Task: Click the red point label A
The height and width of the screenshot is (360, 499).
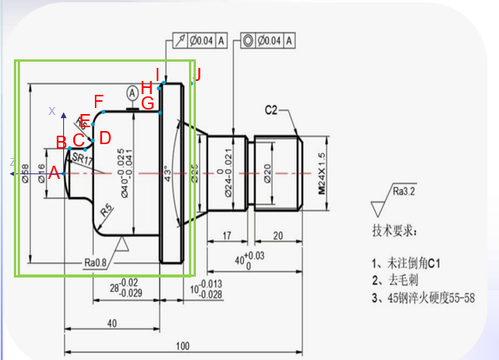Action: click(x=54, y=173)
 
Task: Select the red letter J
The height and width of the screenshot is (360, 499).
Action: click(x=197, y=75)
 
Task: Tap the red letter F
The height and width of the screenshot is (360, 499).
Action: click(x=98, y=101)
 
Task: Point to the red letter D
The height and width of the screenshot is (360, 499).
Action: click(x=105, y=137)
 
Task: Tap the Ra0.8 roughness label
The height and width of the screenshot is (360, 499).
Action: click(x=96, y=262)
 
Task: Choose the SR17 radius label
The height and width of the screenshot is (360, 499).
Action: click(x=81, y=160)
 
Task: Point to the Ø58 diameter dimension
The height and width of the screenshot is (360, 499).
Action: click(x=25, y=173)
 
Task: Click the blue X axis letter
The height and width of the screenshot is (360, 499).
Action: click(x=52, y=111)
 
